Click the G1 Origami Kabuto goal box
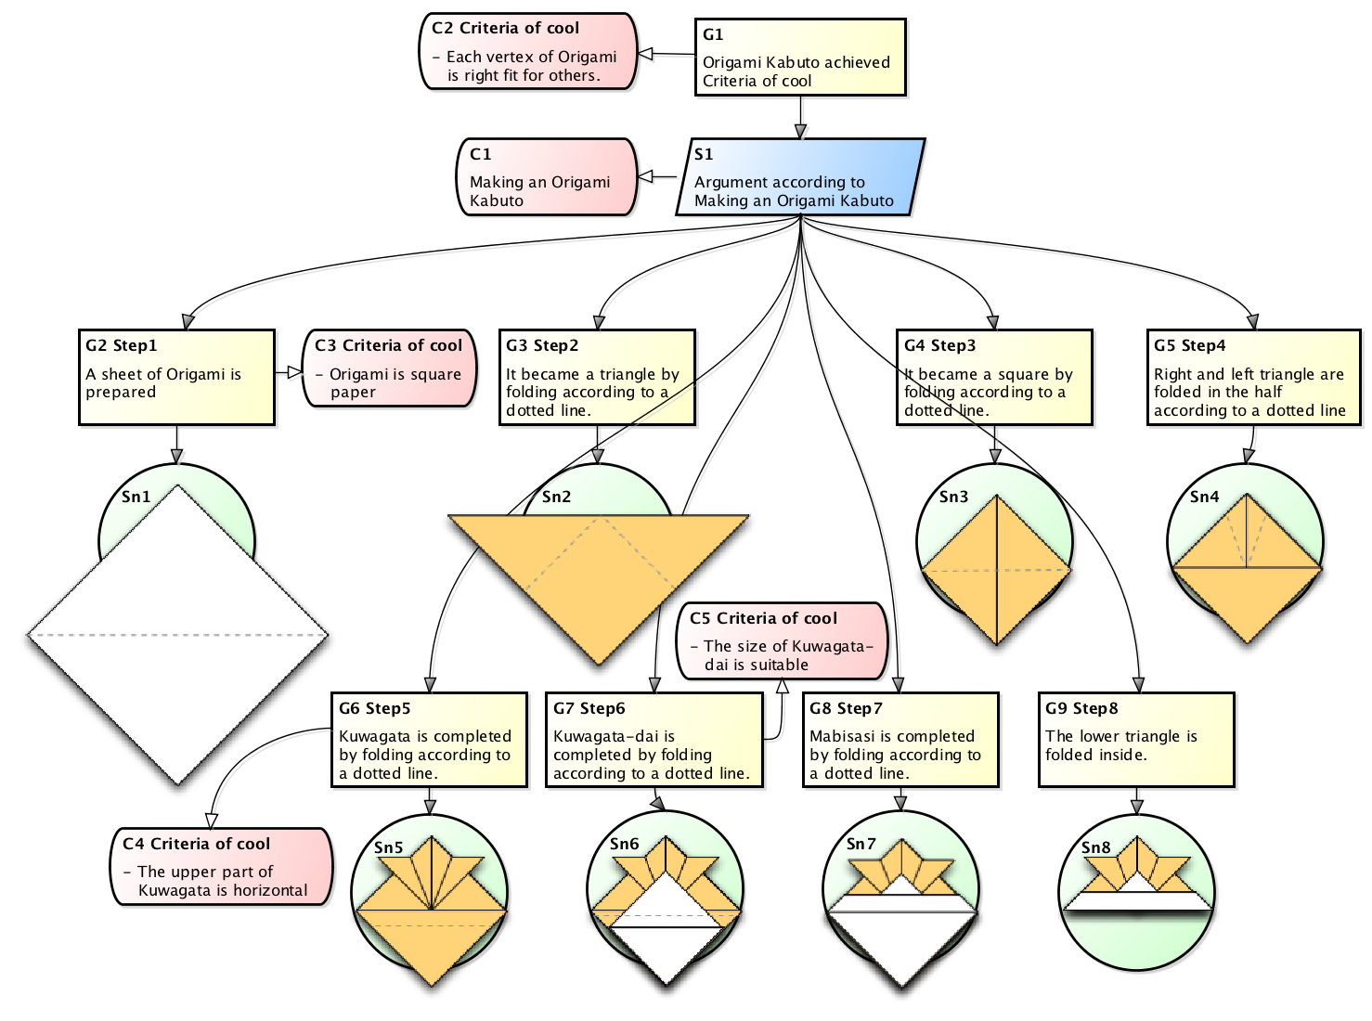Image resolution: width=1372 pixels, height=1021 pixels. (x=799, y=57)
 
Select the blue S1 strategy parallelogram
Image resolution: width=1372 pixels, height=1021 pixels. (x=799, y=177)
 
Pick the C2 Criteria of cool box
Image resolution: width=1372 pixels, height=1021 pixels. (x=527, y=52)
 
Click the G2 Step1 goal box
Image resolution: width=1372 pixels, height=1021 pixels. (x=176, y=377)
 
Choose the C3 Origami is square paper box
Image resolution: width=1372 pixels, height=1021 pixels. (x=389, y=368)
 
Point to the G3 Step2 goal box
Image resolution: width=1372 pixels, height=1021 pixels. (x=596, y=377)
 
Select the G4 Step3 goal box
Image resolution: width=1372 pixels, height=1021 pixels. (x=993, y=377)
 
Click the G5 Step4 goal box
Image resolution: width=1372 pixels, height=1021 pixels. (x=1252, y=377)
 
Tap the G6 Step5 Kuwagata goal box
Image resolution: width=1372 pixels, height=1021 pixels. (x=429, y=740)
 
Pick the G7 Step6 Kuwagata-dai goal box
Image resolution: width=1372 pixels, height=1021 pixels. (x=654, y=740)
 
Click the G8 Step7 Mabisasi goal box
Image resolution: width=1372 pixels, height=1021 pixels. (x=900, y=740)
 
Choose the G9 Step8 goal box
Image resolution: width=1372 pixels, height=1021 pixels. (x=1135, y=740)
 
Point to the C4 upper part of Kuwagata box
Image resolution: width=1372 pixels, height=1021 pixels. (x=221, y=867)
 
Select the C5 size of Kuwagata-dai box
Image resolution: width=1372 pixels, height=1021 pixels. (x=781, y=641)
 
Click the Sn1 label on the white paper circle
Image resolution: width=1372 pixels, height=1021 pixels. (x=136, y=497)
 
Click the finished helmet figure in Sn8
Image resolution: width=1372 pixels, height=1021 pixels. (x=1137, y=882)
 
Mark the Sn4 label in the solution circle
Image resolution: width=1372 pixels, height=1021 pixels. (x=1204, y=497)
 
